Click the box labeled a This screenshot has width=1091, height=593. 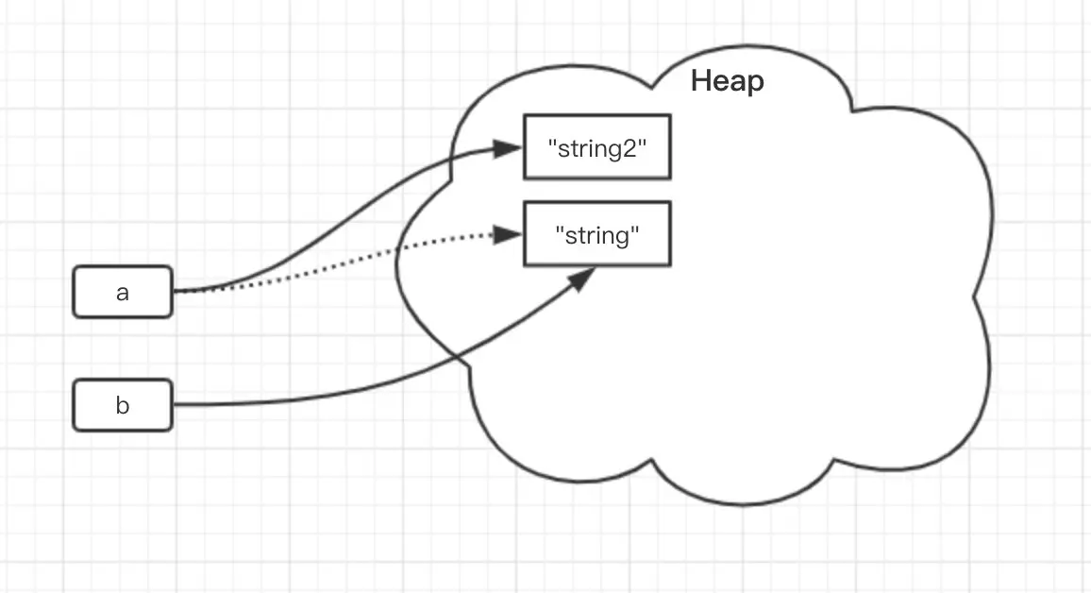coord(123,293)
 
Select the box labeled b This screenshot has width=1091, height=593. coord(123,406)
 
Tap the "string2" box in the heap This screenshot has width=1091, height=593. coord(596,147)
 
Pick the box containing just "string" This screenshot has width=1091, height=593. coord(596,234)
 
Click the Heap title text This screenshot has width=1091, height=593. coord(727,82)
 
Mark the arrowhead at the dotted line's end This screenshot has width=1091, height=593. coord(510,234)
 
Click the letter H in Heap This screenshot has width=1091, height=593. coord(700,82)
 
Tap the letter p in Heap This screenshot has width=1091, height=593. coord(755,84)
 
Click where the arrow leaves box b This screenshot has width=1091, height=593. coord(174,405)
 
